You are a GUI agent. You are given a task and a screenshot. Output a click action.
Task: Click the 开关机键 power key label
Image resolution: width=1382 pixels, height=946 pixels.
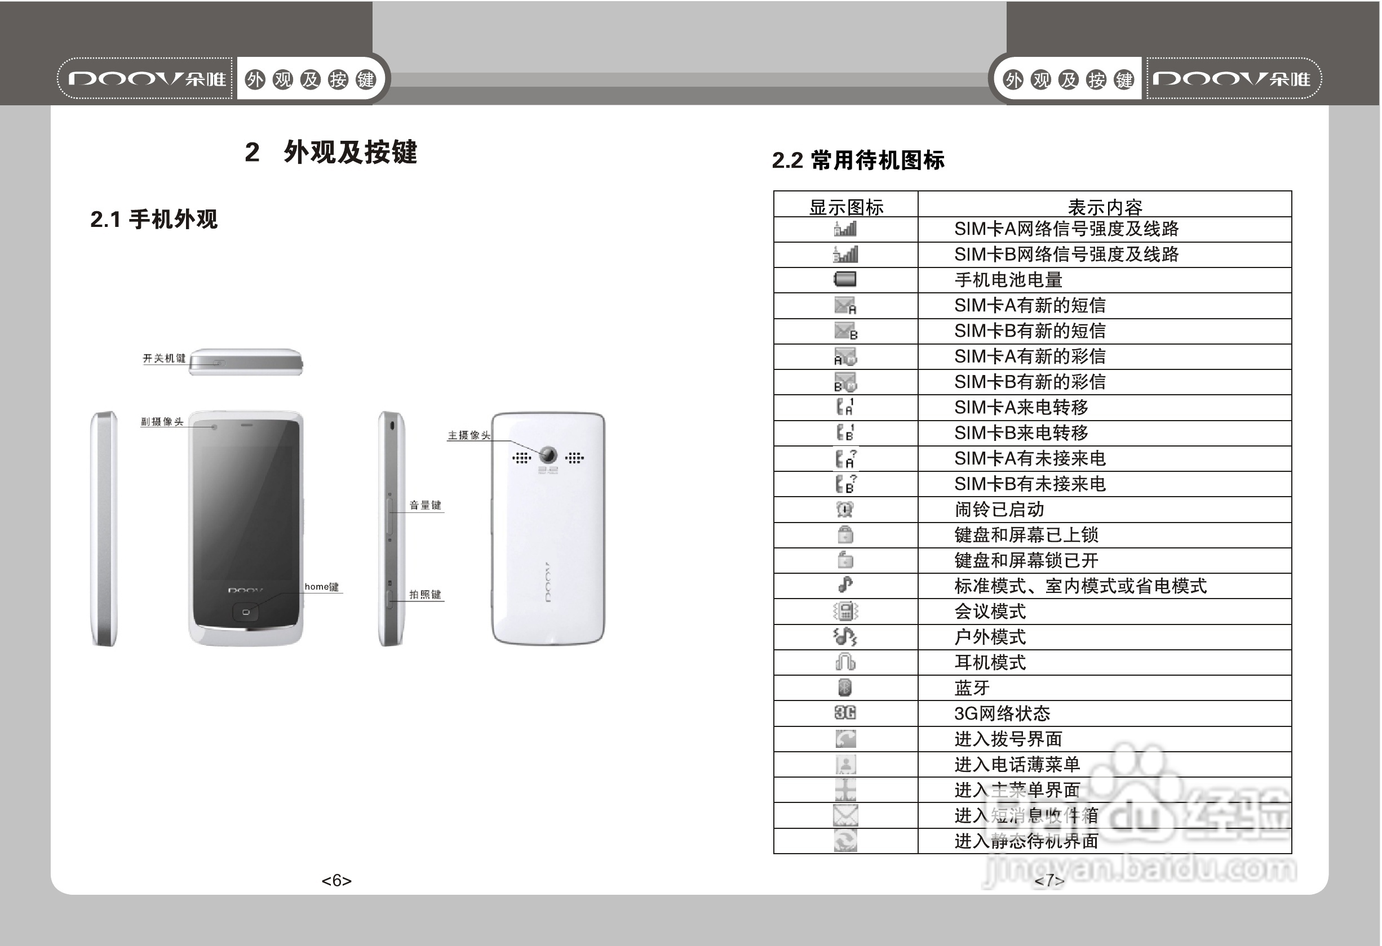[164, 358]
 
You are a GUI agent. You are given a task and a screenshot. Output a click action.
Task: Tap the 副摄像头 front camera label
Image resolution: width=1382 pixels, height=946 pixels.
[162, 421]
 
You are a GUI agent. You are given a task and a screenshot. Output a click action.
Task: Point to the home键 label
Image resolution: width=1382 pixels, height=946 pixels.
[322, 587]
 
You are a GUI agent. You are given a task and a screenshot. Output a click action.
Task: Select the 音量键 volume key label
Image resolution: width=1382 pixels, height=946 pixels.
[426, 505]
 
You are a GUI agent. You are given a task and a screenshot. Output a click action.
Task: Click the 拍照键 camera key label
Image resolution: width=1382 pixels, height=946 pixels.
[426, 594]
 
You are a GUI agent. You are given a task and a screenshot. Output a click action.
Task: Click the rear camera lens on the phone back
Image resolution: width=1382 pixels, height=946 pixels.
[548, 454]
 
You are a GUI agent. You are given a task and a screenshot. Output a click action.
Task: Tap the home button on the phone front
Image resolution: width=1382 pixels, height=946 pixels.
[246, 612]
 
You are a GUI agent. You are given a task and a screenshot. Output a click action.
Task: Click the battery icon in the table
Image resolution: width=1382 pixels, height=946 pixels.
[844, 279]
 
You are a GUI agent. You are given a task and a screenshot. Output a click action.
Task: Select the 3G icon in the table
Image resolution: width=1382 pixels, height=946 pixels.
[845, 712]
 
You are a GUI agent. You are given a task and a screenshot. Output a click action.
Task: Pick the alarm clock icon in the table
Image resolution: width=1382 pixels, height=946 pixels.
[845, 509]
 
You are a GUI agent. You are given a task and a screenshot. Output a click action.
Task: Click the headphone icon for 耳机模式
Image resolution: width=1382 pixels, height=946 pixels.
[845, 662]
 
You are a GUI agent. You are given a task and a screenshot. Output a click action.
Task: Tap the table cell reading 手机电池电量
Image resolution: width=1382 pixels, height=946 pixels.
[1008, 280]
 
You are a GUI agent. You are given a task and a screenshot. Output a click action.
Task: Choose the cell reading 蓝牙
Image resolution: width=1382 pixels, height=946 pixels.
[972, 688]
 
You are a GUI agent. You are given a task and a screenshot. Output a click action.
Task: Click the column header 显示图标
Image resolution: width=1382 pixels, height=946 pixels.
[846, 207]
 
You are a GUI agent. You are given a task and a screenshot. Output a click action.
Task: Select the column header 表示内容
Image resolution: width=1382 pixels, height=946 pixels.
[1105, 207]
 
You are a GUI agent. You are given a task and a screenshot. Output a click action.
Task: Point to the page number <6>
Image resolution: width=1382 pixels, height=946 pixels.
[336, 880]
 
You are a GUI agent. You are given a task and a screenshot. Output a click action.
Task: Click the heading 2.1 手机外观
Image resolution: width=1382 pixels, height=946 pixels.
[154, 219]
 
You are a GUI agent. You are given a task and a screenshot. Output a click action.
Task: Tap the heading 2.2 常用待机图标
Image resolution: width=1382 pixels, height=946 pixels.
[858, 160]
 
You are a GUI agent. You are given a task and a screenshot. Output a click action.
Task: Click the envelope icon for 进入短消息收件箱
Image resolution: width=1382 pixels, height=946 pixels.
[845, 815]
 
